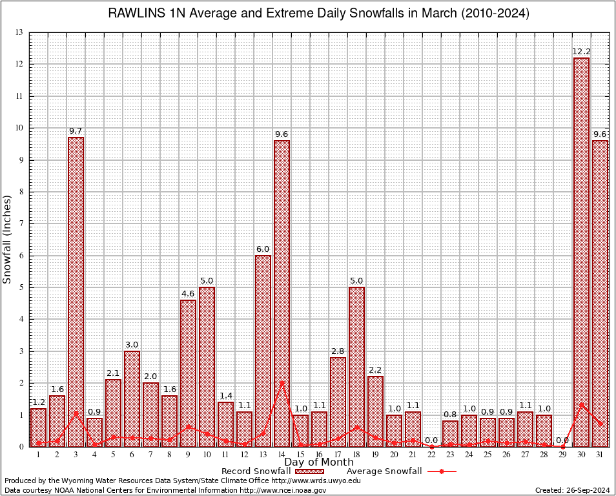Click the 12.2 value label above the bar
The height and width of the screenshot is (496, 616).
(x=581, y=52)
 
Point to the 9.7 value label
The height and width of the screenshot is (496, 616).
(x=76, y=131)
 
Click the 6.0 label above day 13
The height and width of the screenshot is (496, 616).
(x=263, y=249)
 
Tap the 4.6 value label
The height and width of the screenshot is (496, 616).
(x=188, y=293)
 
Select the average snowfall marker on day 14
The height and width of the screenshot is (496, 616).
(x=282, y=382)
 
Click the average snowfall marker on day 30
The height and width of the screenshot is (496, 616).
(x=581, y=404)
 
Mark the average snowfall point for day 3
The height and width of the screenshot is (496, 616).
(x=76, y=413)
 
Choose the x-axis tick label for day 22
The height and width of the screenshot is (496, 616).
(x=431, y=455)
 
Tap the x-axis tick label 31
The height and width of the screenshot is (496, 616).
(x=600, y=455)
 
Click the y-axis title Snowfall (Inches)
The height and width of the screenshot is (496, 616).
(x=8, y=239)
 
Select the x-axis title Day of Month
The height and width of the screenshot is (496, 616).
(x=319, y=462)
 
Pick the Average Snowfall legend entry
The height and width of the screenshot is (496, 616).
(x=384, y=471)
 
